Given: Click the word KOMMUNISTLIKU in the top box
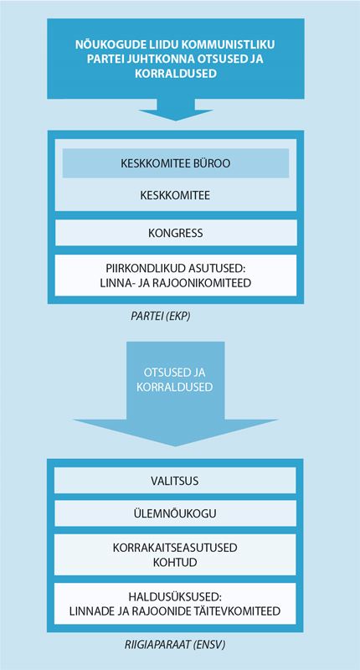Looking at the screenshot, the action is point(231,44).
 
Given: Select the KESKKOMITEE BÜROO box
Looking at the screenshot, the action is point(176,162).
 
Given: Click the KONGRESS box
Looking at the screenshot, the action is point(176,233).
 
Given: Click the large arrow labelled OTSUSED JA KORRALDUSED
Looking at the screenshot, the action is point(176,393).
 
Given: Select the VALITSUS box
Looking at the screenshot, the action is point(175,480).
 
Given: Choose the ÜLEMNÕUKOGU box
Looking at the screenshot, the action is point(175,513).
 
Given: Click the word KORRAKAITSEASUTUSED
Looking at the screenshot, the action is point(175,548).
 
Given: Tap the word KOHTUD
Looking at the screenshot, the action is point(175,561).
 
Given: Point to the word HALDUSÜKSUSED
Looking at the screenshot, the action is point(172,596).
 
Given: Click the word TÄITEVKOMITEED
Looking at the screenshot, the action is point(239,611).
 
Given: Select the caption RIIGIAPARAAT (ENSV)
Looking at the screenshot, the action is point(175,645).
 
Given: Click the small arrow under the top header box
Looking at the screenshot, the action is point(176,110).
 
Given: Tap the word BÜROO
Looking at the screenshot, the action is point(217,162).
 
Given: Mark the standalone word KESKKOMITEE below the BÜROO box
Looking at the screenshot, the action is point(175,195).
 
